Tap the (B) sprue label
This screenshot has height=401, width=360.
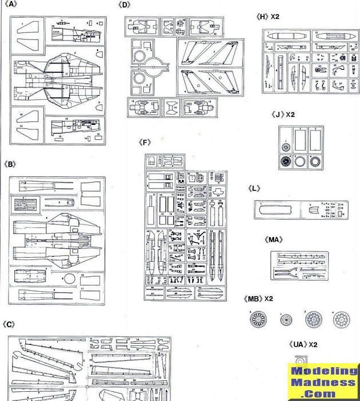pos(9,164)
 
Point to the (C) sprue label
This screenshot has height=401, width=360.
pos(9,324)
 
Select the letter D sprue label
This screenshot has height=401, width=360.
pos(125,5)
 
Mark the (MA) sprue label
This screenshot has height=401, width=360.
pos(275,239)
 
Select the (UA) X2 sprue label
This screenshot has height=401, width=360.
pos(303,344)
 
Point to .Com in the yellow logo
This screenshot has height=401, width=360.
pos(325,394)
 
